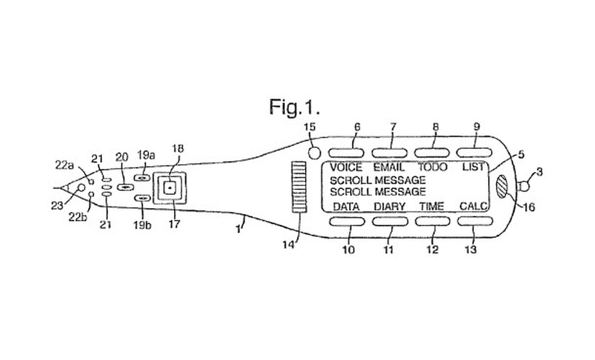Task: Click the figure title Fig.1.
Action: pyautogui.click(x=295, y=107)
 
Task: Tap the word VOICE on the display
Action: pyautogui.click(x=346, y=168)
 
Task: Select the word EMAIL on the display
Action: pyautogui.click(x=389, y=168)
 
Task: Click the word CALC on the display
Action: pyautogui.click(x=474, y=206)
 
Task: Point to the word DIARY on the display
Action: pyautogui.click(x=390, y=206)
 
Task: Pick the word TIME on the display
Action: pyautogui.click(x=432, y=206)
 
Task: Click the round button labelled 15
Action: pyautogui.click(x=315, y=153)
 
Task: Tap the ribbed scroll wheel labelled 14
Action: pyautogui.click(x=299, y=187)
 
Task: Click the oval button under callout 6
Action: pyautogui.click(x=346, y=153)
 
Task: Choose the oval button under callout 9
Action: pyautogui.click(x=474, y=153)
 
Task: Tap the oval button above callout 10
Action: pyautogui.click(x=347, y=221)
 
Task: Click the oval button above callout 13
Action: pyautogui.click(x=475, y=221)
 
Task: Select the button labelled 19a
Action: pyautogui.click(x=142, y=178)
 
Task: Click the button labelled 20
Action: pyautogui.click(x=125, y=187)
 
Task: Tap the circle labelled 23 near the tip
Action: pyautogui.click(x=81, y=188)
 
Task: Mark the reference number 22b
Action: pyautogui.click(x=78, y=218)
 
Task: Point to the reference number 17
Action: pyautogui.click(x=175, y=224)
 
